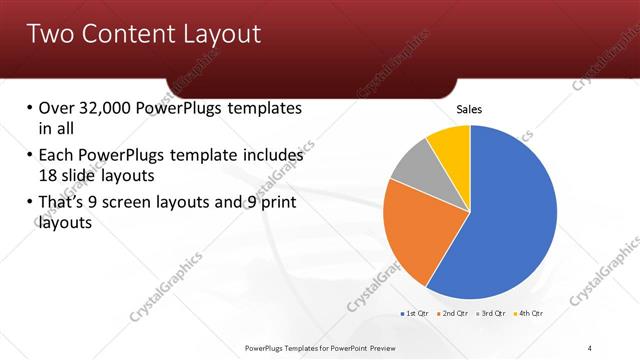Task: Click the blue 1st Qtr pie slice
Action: [x=505, y=215]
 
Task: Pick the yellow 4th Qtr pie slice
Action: [x=450, y=142]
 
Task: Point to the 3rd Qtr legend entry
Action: [x=490, y=314]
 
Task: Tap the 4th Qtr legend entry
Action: [x=527, y=314]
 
